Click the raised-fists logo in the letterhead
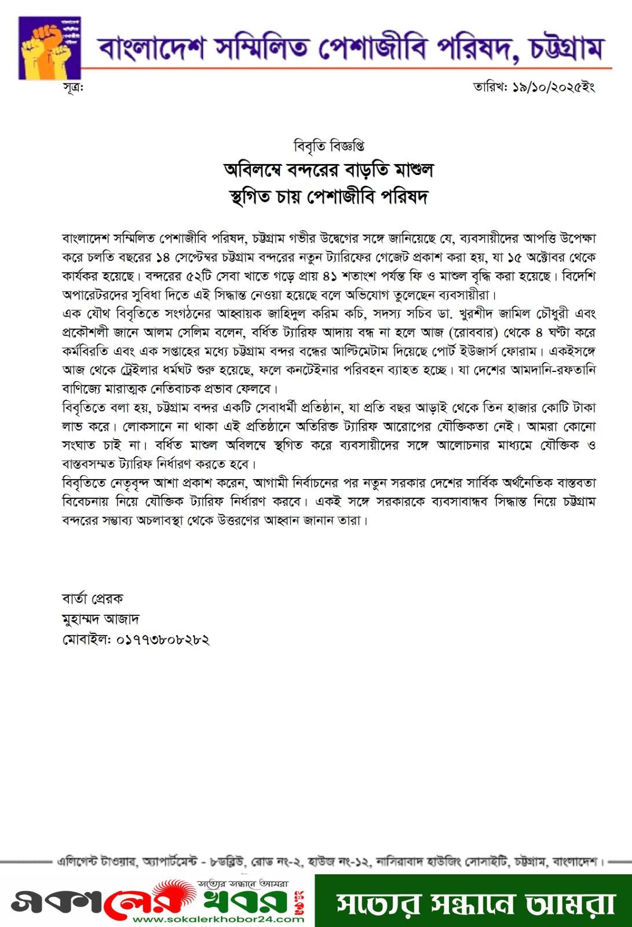point(49,48)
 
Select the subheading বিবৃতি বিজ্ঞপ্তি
point(329,145)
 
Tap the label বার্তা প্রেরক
point(92,598)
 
